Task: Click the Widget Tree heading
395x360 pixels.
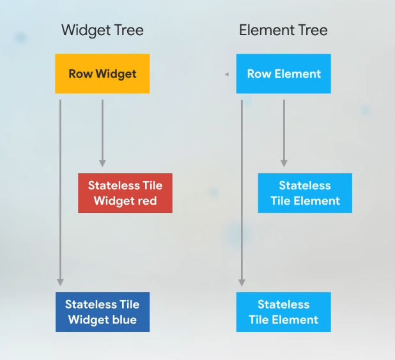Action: coord(102,30)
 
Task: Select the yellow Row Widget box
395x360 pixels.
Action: coord(102,74)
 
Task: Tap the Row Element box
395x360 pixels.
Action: coord(283,74)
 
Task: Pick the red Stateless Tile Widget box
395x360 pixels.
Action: coord(125,193)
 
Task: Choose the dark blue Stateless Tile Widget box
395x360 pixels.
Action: coord(102,312)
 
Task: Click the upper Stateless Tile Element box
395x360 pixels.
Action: coord(305,193)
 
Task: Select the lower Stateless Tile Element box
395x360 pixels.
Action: coord(283,312)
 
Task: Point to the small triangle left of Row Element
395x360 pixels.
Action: coord(226,75)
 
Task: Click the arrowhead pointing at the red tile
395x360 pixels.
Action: coord(102,164)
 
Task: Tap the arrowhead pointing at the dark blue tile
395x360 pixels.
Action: coord(61,281)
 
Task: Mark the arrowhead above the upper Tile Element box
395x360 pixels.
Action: coord(284,164)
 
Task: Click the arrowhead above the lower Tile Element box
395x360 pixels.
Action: coord(242,281)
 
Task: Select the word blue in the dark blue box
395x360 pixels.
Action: coord(124,320)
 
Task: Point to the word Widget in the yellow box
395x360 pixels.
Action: coord(116,74)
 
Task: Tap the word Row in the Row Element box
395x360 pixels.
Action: coord(259,74)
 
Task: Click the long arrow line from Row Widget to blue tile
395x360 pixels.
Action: coord(61,192)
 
